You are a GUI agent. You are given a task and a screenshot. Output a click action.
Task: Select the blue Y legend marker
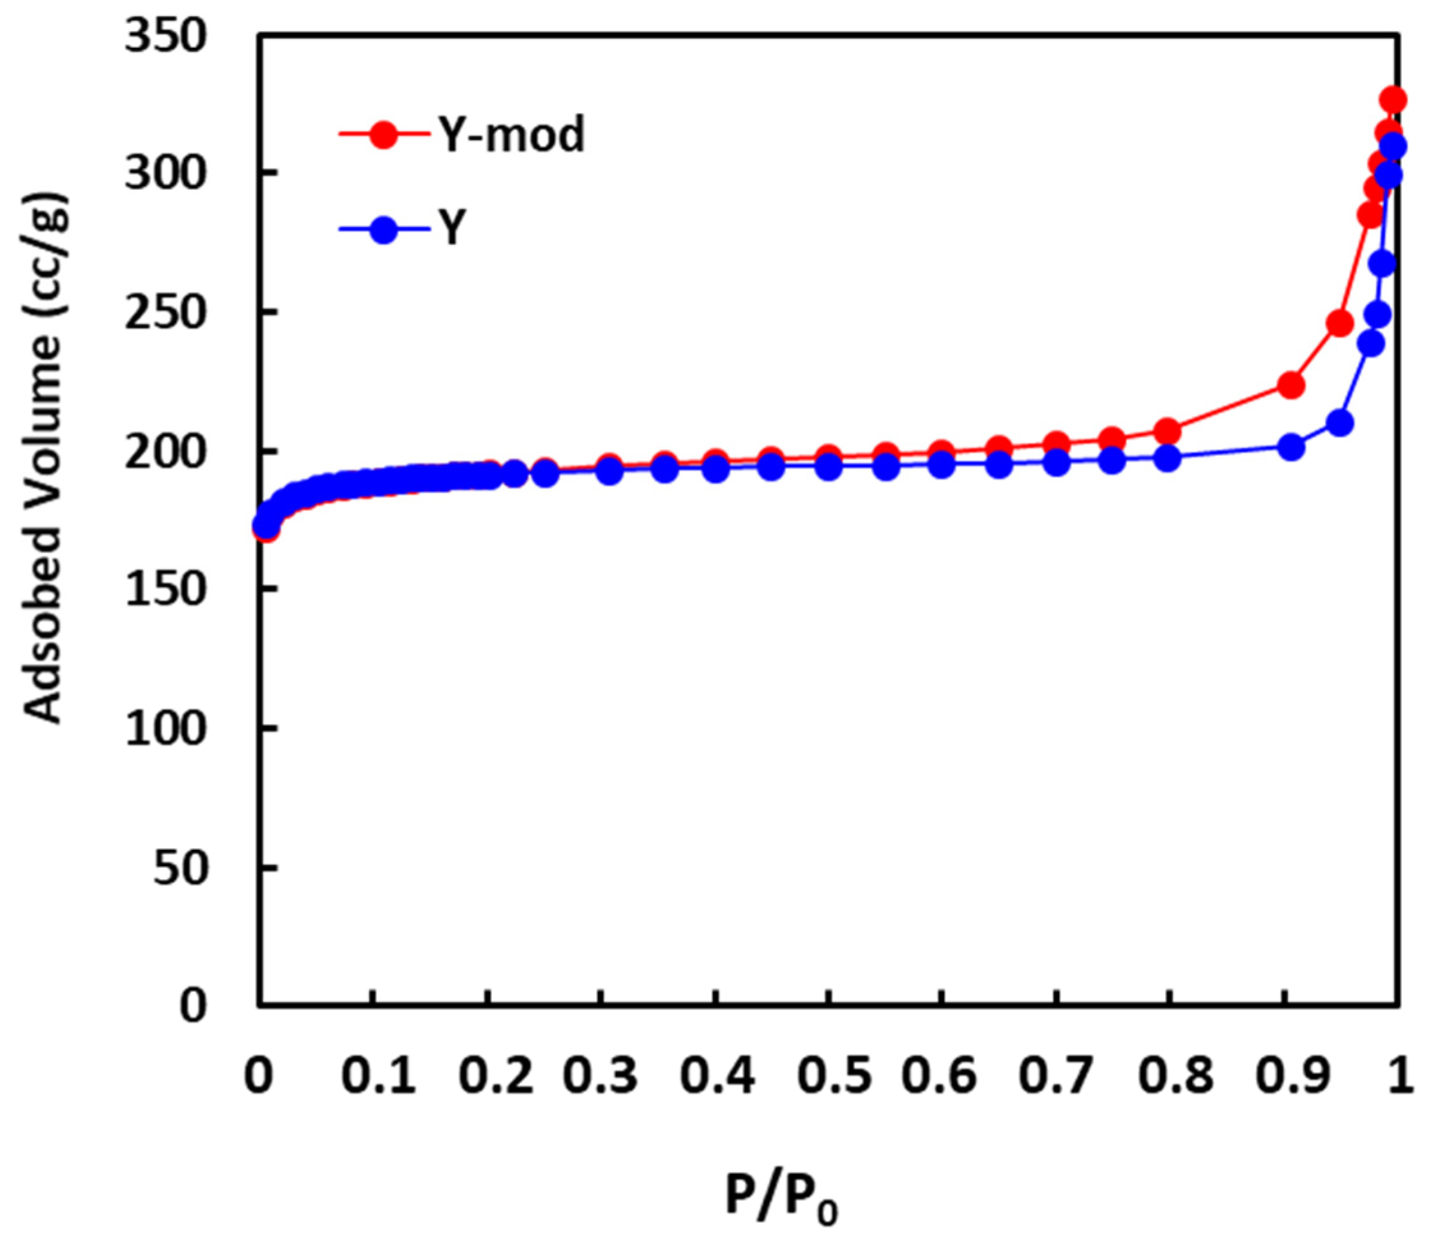click(x=383, y=229)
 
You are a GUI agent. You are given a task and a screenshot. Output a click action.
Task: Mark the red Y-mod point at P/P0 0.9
click(x=1291, y=385)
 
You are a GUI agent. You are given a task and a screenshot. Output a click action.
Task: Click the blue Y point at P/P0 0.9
click(x=1291, y=447)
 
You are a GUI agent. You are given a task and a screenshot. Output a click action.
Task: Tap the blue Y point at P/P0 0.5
click(x=828, y=467)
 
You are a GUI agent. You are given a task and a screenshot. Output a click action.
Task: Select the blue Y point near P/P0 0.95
click(x=1340, y=423)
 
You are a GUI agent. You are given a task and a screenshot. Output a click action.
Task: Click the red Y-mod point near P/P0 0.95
click(x=1340, y=323)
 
